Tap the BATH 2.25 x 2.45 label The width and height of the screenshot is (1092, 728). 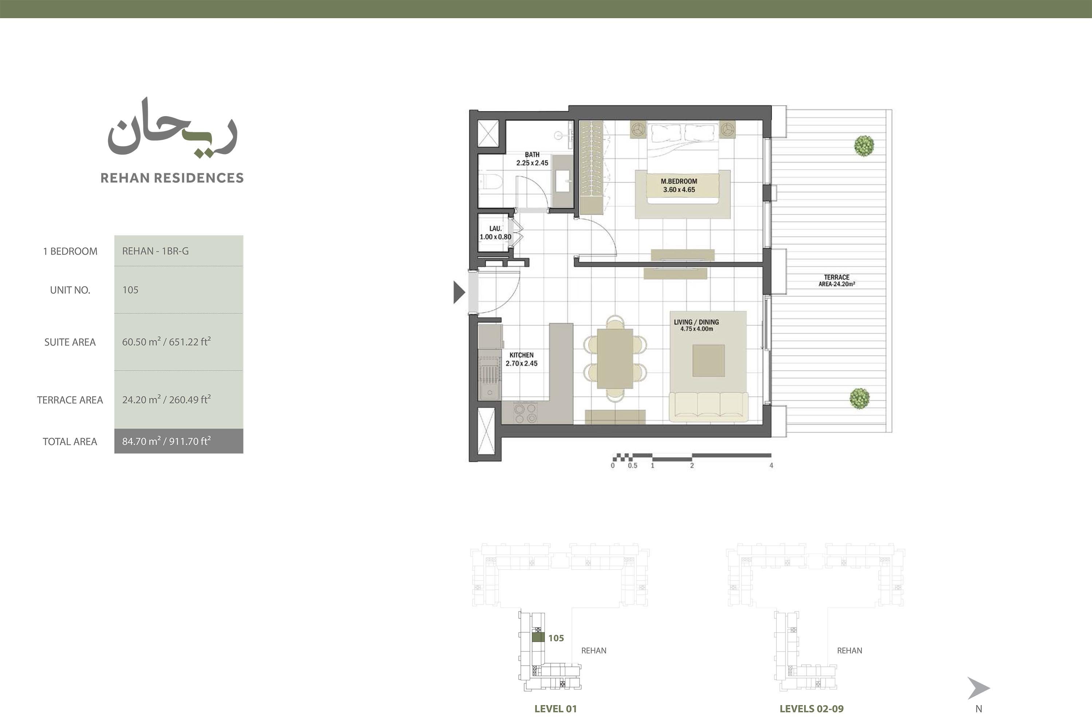[532, 159]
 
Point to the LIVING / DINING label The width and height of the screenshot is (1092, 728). [696, 325]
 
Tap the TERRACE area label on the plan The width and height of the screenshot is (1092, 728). [836, 280]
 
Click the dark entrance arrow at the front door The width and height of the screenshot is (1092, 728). [459, 292]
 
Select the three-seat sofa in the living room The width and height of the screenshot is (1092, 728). [708, 407]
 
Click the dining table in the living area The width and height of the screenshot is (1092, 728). [615, 358]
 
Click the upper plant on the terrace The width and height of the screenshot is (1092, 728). [864, 145]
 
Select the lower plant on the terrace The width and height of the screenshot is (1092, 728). [859, 398]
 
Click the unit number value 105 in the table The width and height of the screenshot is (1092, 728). [130, 290]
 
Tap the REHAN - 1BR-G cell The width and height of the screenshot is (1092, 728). [155, 251]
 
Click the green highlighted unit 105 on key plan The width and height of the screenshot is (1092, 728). [538, 637]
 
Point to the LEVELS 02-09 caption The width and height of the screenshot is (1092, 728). [812, 708]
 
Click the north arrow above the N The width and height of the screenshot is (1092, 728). [978, 688]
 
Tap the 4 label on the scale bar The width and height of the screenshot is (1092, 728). [771, 465]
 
